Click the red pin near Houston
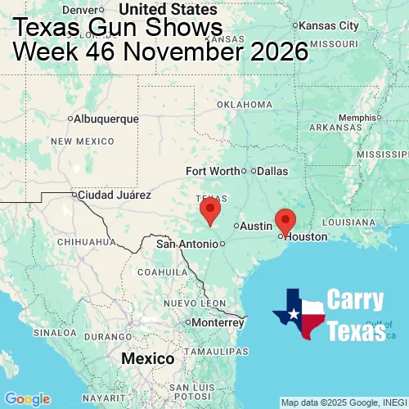(285, 221)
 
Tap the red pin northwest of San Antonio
(210, 209)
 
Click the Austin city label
(257, 226)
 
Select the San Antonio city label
(187, 244)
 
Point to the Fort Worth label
(213, 171)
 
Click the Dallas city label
(272, 172)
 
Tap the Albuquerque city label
(106, 119)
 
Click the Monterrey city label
(218, 322)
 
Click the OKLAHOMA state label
(245, 105)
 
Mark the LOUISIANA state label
(349, 222)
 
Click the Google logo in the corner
(27, 398)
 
